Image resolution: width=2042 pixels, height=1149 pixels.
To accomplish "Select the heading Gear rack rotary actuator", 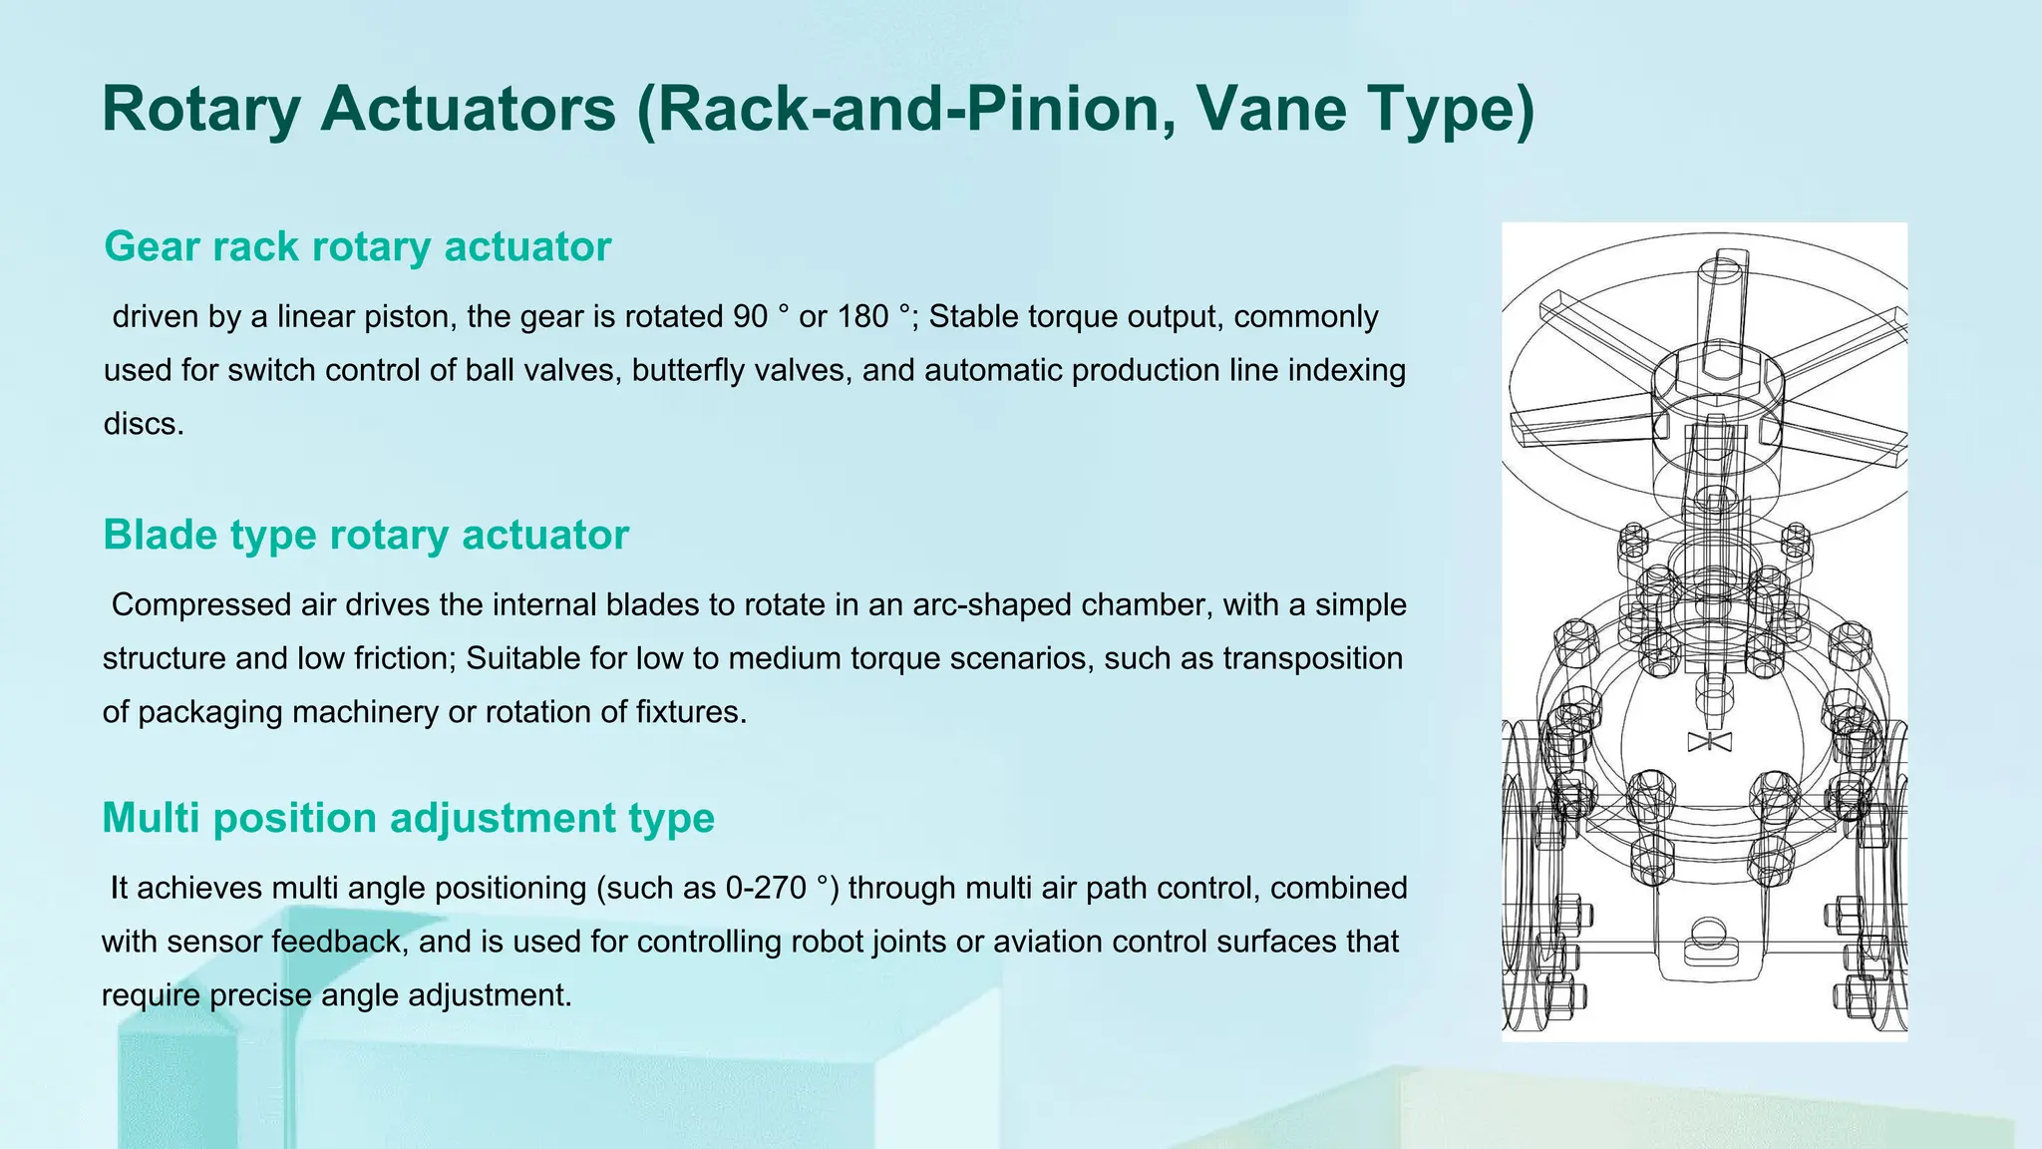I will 357,246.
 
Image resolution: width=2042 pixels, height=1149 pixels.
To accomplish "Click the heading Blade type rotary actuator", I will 366,535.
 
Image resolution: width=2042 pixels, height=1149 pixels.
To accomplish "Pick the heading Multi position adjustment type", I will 408,818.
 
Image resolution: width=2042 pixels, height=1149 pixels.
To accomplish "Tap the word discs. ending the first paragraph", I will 144,424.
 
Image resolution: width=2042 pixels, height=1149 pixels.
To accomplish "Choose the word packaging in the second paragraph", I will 210,712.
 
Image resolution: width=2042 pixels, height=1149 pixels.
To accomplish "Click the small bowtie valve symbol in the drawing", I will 1709,741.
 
